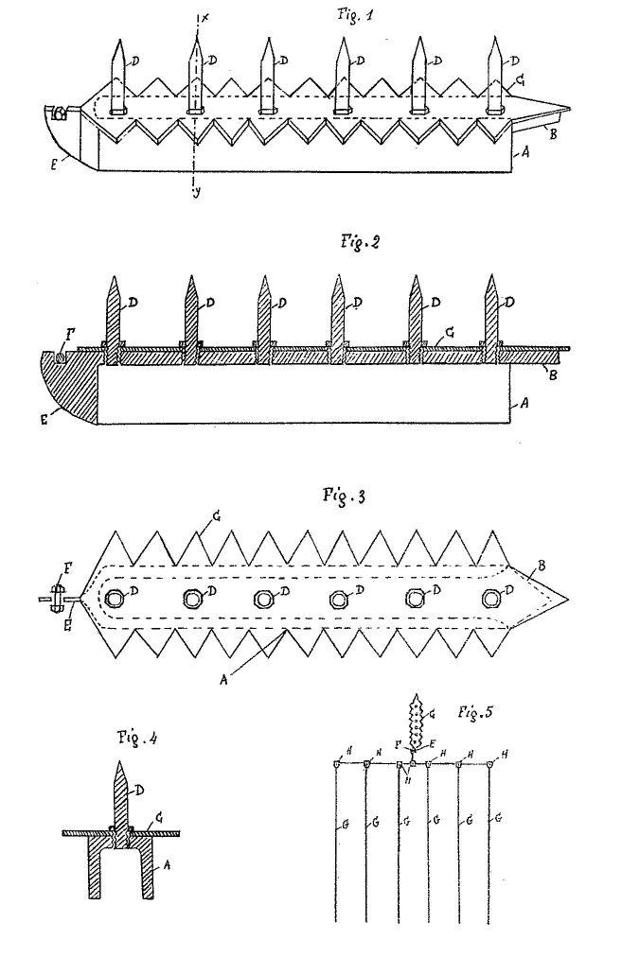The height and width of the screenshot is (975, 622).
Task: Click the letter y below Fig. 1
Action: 197,195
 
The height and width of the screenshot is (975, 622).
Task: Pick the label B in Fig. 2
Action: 553,375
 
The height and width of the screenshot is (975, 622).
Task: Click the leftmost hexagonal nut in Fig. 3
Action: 116,600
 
